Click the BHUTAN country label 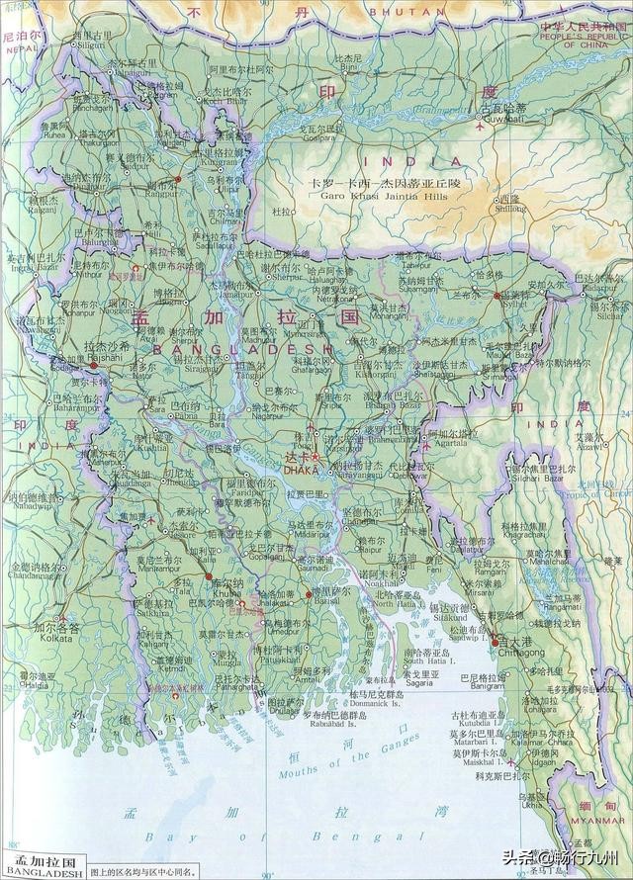point(394,12)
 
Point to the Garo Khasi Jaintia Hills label point(384,197)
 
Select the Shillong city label point(510,209)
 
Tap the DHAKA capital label point(301,471)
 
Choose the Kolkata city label point(54,639)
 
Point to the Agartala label point(447,443)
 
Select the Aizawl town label point(590,447)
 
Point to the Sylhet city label point(514,306)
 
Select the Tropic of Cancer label point(604,491)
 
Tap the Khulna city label point(226,593)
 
